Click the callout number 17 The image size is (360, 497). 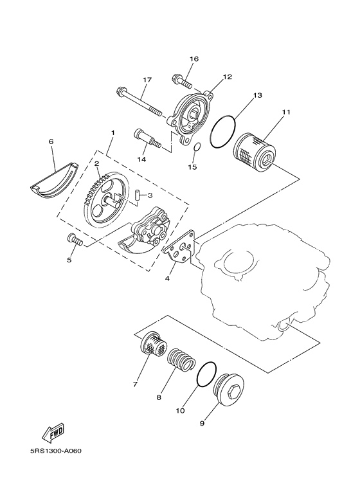(147, 80)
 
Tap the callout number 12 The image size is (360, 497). (209, 77)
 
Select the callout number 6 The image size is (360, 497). (51, 141)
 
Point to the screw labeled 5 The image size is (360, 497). (75, 241)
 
